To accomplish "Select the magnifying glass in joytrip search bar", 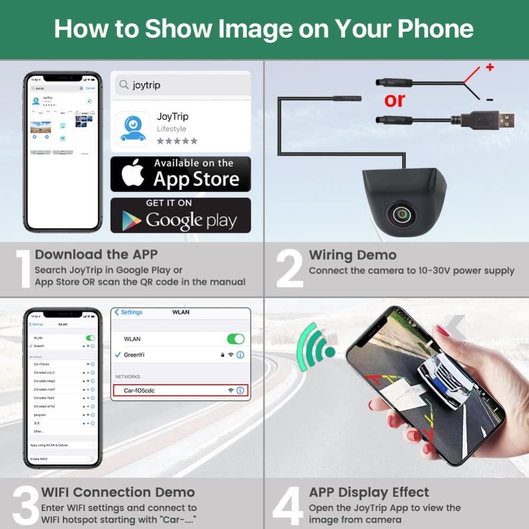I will [x=124, y=85].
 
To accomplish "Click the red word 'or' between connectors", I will [x=395, y=99].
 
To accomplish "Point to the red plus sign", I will [x=489, y=67].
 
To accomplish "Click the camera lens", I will [x=402, y=213].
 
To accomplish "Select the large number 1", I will [x=23, y=269].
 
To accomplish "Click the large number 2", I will [x=289, y=269].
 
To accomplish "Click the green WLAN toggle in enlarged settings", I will [x=235, y=339].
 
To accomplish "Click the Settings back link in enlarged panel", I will [x=129, y=312].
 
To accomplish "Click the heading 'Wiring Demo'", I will [x=352, y=255].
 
